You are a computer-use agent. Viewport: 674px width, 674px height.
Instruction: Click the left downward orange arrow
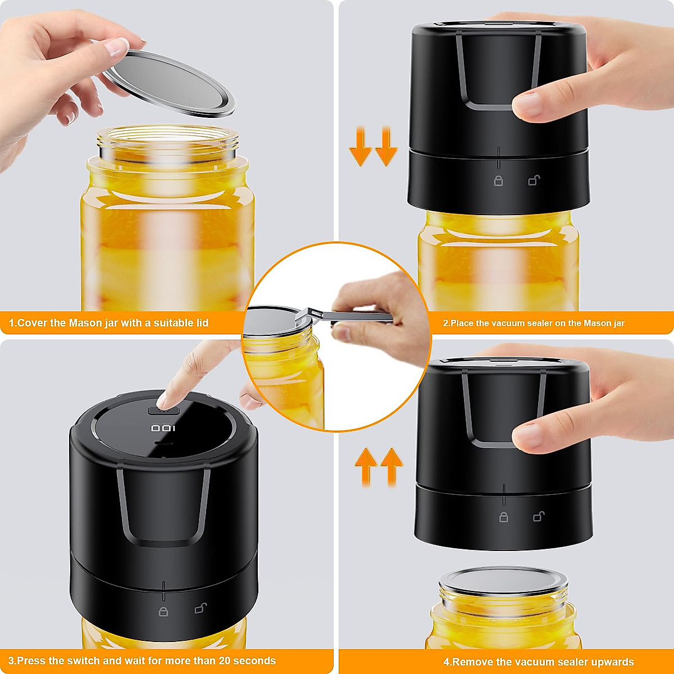360,147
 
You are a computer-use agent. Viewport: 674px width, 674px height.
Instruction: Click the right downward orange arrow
385,147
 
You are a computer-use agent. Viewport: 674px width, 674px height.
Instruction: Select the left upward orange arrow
366,466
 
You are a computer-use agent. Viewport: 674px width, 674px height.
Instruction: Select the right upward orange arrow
391,466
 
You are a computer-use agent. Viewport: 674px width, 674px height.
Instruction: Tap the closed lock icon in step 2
498,180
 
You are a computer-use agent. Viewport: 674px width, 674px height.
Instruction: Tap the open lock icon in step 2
534,180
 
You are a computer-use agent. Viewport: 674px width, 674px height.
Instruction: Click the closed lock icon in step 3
163,611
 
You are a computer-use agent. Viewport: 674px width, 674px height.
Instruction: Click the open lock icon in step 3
200,608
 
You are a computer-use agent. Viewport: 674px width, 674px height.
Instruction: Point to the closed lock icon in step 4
504,517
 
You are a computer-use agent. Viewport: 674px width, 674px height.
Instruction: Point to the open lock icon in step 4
538,516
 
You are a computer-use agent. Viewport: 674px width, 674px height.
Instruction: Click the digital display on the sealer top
163,429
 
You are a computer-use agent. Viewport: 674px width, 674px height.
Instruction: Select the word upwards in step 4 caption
612,662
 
